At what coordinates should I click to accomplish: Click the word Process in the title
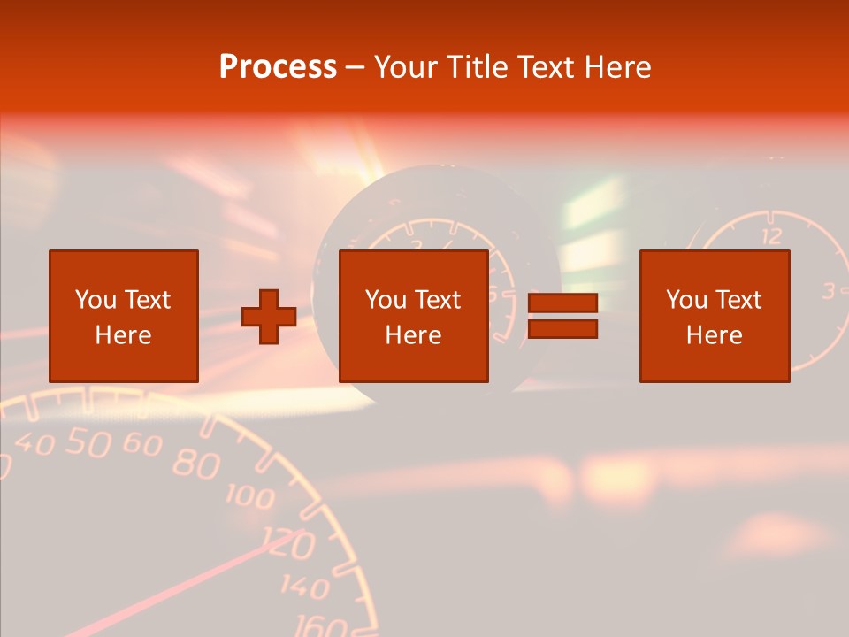278,67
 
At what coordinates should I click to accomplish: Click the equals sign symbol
562,316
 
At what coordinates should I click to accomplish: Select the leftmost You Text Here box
123,316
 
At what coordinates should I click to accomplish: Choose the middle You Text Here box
413,316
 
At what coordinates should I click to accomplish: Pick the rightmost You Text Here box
714,316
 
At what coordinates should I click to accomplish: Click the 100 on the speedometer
250,495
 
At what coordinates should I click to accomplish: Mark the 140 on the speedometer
306,586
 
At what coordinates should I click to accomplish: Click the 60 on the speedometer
141,444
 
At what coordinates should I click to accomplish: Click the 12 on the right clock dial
771,236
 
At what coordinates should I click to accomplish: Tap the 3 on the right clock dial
830,290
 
